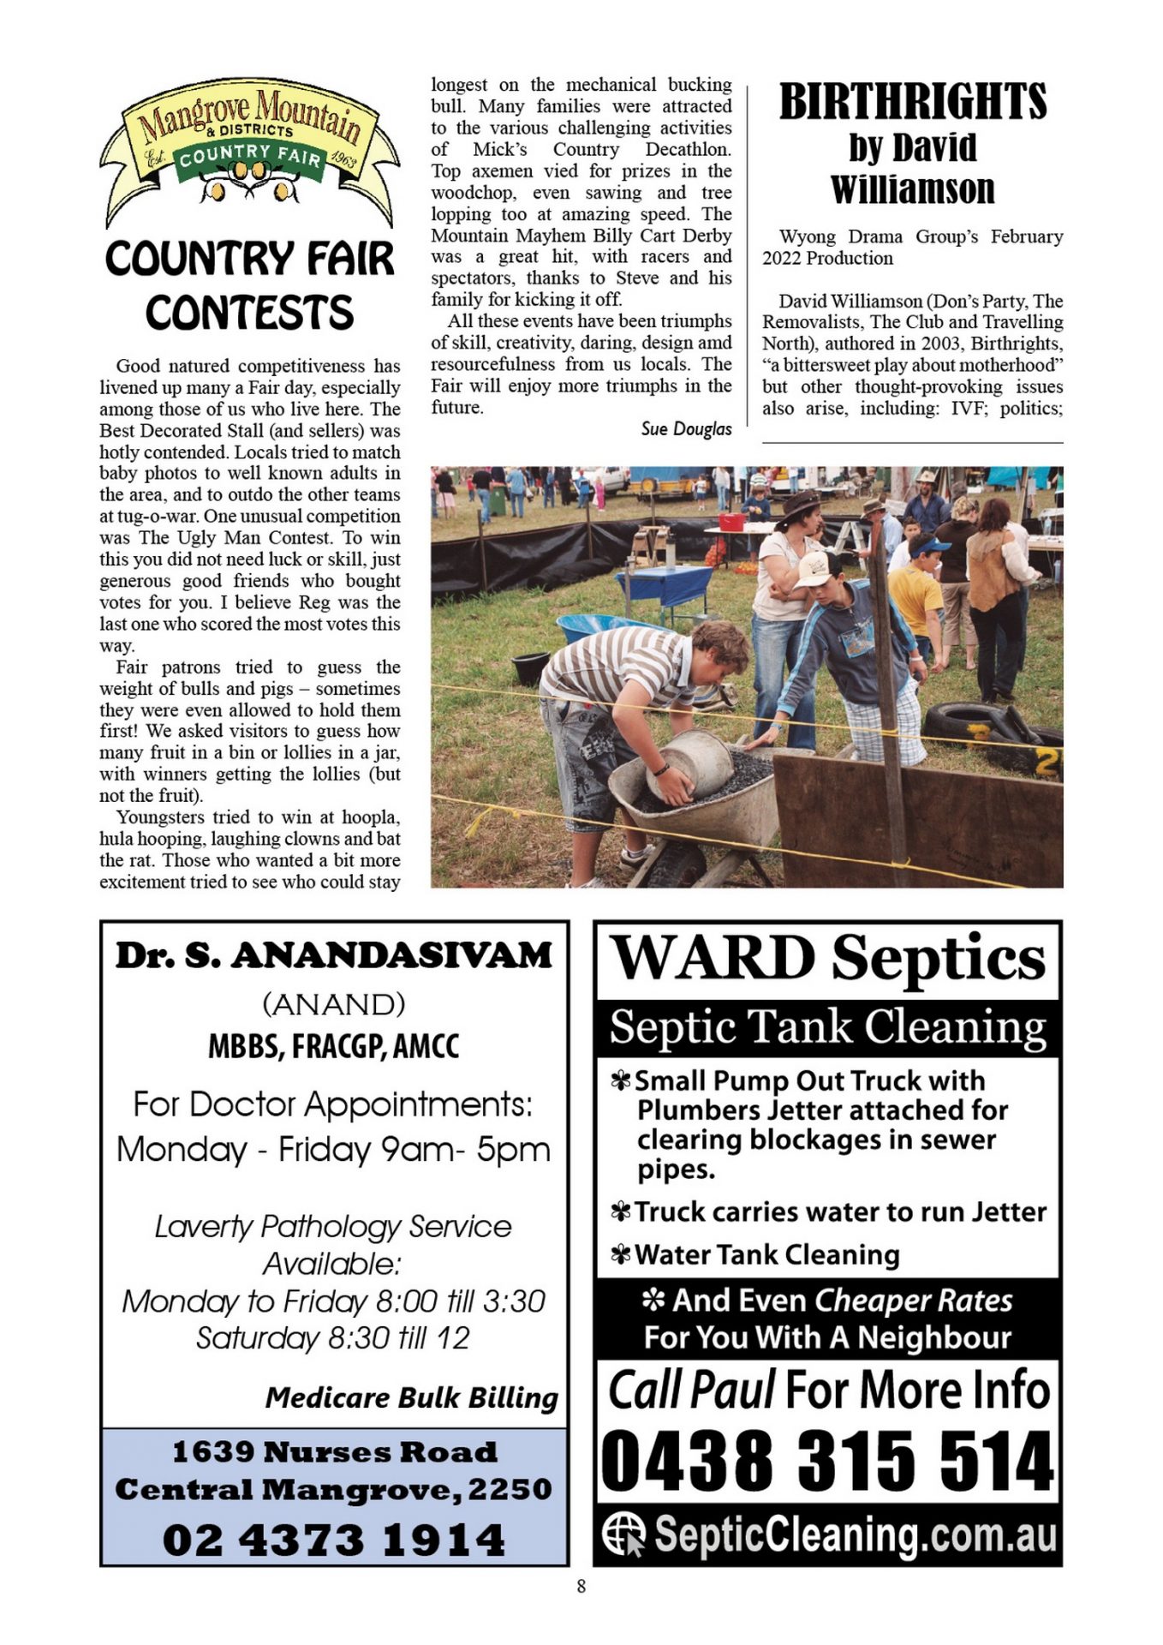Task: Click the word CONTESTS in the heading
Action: [x=249, y=313]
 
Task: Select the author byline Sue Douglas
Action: [x=686, y=429]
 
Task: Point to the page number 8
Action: [x=581, y=1587]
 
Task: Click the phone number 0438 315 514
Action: [x=827, y=1462]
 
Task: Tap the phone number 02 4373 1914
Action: [x=334, y=1540]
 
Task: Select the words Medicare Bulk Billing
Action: [x=411, y=1398]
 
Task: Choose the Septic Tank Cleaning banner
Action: [x=827, y=1027]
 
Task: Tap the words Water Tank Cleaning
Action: [x=766, y=1255]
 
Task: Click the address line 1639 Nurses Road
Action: [x=334, y=1452]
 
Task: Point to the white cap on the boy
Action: [x=817, y=569]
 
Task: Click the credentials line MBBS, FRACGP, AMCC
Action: [x=334, y=1047]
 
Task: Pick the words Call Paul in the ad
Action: [x=691, y=1390]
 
